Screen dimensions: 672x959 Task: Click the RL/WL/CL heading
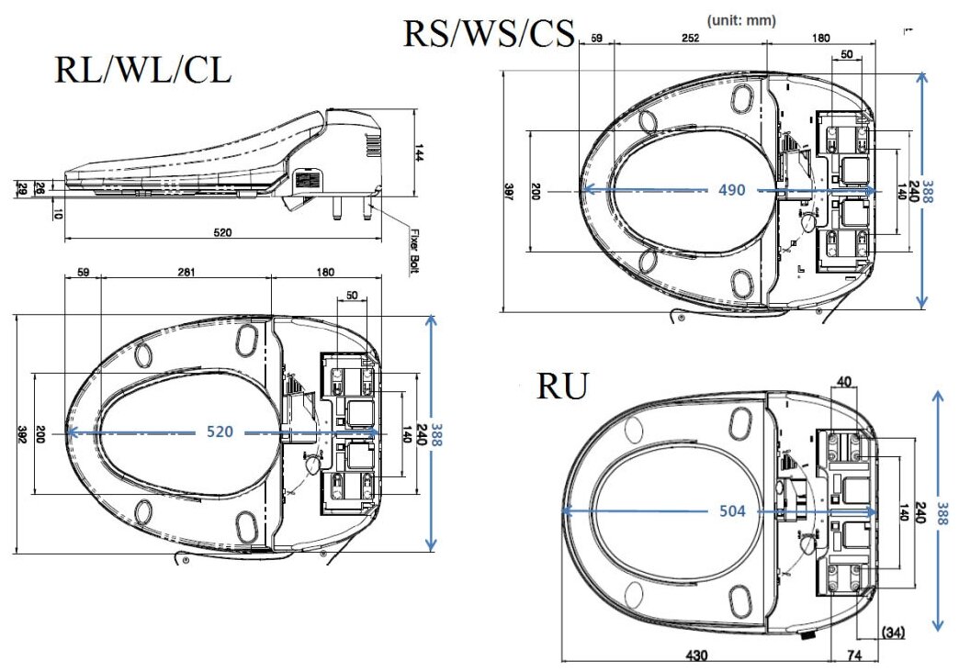143,71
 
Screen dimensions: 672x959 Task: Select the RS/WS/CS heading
489,34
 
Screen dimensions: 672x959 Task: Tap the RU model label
561,386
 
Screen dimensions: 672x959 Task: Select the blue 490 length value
732,190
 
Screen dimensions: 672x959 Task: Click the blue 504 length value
732,512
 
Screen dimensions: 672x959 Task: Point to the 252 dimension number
690,38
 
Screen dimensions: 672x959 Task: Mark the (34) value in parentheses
893,632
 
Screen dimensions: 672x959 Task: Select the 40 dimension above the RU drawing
845,381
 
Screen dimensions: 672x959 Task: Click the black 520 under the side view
221,233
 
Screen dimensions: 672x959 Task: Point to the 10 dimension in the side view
57,214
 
